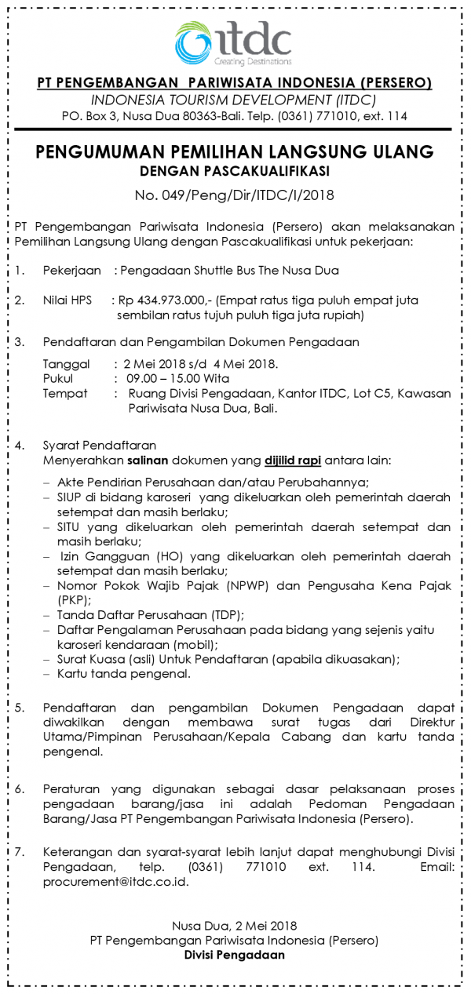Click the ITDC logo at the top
click(234, 40)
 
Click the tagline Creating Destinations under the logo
click(253, 61)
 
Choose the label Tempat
click(64, 393)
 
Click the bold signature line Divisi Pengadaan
click(235, 955)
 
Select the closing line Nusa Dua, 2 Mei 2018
click(235, 926)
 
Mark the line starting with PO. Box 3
click(235, 116)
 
